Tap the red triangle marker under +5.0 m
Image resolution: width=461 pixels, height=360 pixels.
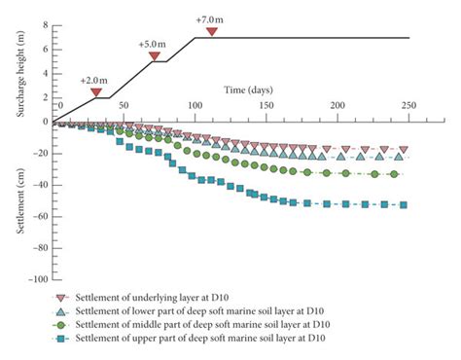coord(155,56)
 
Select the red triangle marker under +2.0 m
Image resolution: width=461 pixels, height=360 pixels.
coord(97,92)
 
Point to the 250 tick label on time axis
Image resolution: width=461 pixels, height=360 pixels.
coord(408,105)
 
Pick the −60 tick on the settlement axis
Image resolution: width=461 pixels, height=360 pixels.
coord(39,216)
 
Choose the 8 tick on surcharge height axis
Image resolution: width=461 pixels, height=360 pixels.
coord(45,22)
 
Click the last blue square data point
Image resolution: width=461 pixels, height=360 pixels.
coord(404,204)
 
